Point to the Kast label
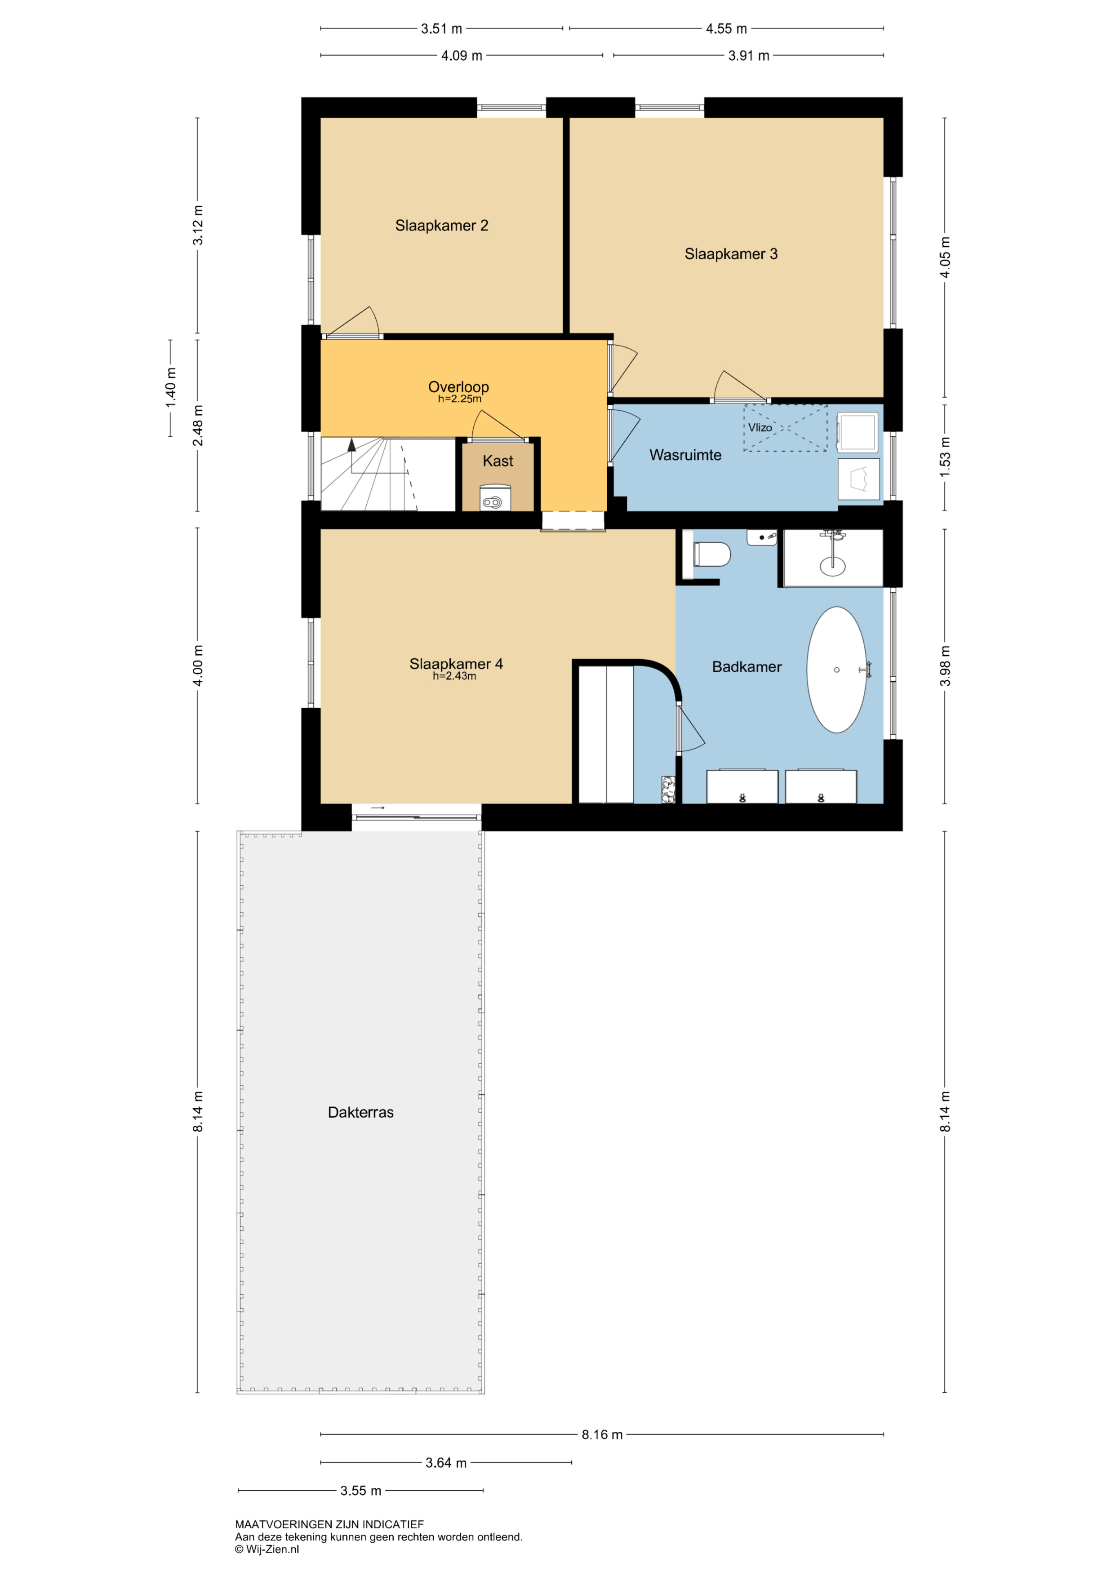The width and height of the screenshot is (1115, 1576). pyautogui.click(x=498, y=461)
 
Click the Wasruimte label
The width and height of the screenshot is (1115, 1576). pyautogui.click(x=685, y=455)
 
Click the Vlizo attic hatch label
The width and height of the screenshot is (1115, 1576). pyautogui.click(x=760, y=428)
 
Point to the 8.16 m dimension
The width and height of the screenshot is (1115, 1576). pyautogui.click(x=602, y=1434)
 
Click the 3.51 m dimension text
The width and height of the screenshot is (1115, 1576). pyautogui.click(x=441, y=29)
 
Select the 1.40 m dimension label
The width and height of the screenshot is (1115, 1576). pyautogui.click(x=171, y=388)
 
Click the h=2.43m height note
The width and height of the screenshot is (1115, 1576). pyautogui.click(x=454, y=676)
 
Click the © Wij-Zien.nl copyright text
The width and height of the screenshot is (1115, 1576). pyautogui.click(x=267, y=1549)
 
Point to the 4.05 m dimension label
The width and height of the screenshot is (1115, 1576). pyautogui.click(x=946, y=257)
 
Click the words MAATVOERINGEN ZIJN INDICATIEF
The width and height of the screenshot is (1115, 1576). pyautogui.click(x=329, y=1524)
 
